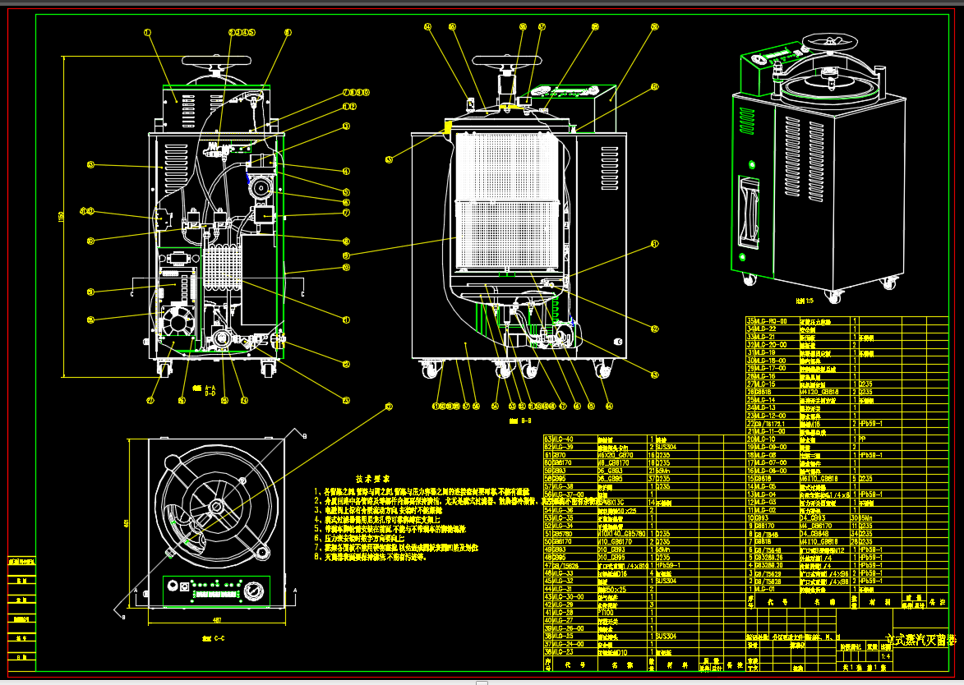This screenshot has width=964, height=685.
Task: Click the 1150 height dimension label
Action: (61, 216)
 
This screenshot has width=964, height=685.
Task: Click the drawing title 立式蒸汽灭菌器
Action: (920, 639)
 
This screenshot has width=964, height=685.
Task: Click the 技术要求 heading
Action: (372, 478)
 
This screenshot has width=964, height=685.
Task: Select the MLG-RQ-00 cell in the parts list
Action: (770, 320)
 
